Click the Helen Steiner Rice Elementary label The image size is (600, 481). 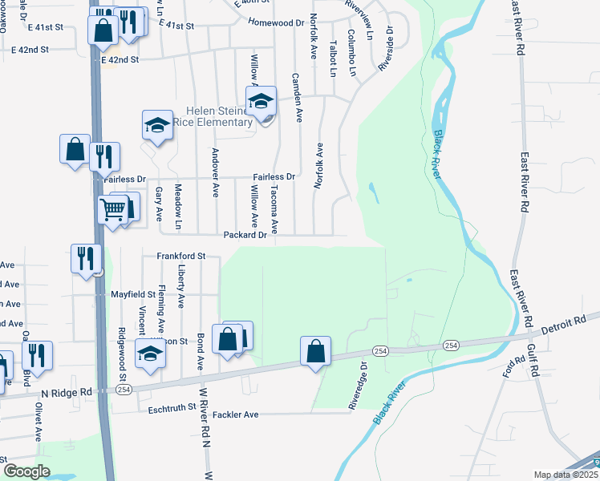[208, 116]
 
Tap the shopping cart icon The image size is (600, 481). [112, 210]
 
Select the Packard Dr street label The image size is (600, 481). [245, 235]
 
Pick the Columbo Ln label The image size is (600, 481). [351, 53]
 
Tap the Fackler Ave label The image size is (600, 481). [240, 414]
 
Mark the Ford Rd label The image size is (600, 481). [509, 368]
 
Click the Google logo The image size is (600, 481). [26, 471]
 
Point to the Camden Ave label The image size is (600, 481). [298, 97]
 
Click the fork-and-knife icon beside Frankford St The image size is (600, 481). [86, 258]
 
